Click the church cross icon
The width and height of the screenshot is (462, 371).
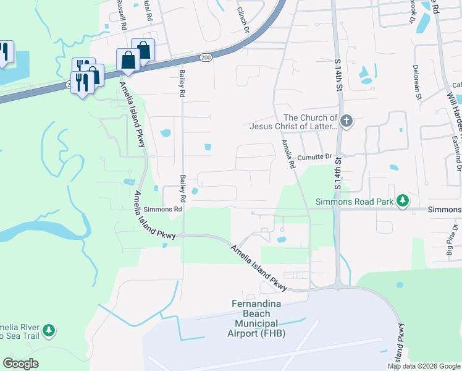click(x=346, y=121)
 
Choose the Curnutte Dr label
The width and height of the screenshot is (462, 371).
click(x=316, y=157)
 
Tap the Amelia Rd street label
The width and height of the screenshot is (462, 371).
click(x=287, y=155)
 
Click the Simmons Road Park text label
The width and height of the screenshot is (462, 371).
click(x=355, y=201)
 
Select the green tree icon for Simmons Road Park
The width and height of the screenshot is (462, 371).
click(x=403, y=200)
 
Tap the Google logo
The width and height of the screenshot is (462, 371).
click(x=20, y=364)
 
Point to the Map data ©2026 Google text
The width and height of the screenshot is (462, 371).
click(x=423, y=366)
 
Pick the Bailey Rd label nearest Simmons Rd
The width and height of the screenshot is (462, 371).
click(x=183, y=189)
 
